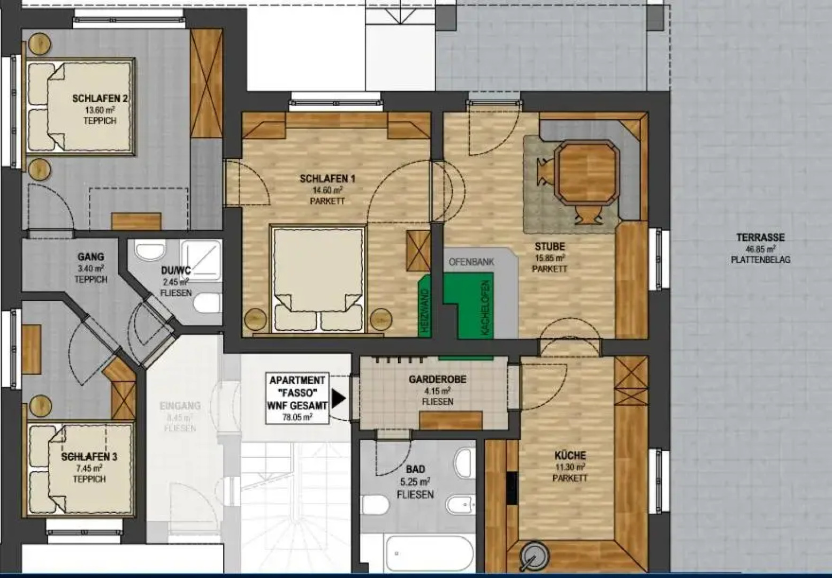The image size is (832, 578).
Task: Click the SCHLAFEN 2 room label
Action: coord(100,99)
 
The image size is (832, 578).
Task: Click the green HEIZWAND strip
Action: coord(425,306)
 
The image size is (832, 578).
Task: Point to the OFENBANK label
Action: coord(471,262)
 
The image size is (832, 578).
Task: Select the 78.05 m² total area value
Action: coord(297,417)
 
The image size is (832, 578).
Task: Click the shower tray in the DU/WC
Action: coord(201,259)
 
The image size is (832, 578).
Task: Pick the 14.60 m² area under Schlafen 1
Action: coord(327,190)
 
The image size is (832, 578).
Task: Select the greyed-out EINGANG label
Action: coord(180,406)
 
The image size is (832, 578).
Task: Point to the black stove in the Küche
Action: coord(511,488)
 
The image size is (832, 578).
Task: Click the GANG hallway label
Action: coord(90,257)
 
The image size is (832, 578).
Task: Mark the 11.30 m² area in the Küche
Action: coord(570,467)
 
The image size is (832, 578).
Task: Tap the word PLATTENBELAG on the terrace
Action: coord(760,260)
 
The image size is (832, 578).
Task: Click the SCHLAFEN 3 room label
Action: coord(89,457)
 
